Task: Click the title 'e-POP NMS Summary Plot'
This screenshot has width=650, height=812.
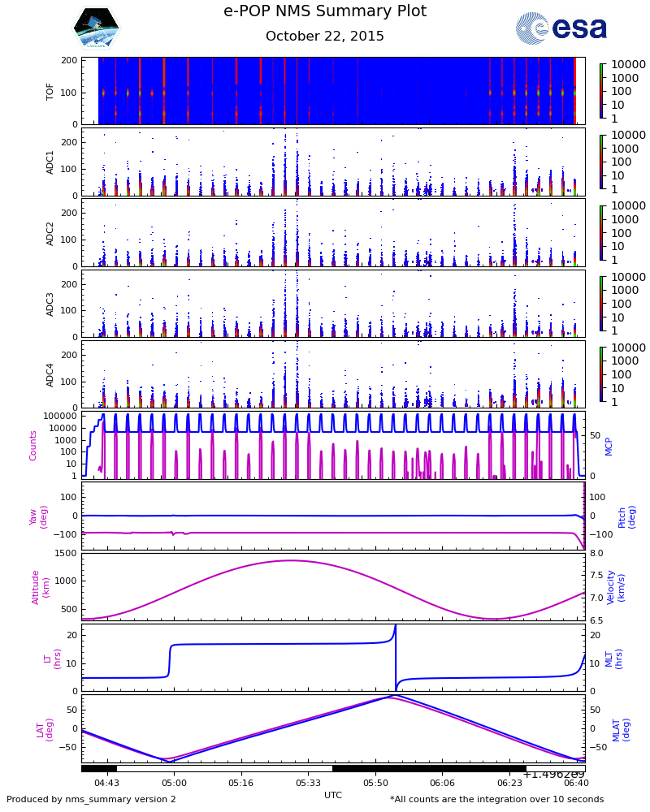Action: click(325, 11)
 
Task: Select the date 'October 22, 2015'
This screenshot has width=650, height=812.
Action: click(325, 37)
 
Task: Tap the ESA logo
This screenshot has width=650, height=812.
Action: click(561, 28)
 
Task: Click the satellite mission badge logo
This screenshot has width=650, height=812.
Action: click(96, 28)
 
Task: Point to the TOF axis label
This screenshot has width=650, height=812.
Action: click(50, 91)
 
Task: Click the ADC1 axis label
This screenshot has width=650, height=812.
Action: click(50, 162)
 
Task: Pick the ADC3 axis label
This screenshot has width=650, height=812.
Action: click(50, 303)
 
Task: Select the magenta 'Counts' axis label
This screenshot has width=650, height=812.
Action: click(33, 445)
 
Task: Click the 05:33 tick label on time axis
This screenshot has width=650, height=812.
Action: click(308, 784)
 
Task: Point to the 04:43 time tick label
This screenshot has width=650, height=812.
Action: click(106, 784)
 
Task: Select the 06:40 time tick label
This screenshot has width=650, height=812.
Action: click(576, 784)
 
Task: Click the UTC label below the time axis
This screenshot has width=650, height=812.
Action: click(333, 795)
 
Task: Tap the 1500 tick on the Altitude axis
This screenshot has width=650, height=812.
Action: click(67, 554)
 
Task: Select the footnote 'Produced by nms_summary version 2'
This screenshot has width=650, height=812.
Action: click(91, 800)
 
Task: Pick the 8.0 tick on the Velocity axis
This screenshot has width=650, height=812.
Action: click(596, 554)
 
